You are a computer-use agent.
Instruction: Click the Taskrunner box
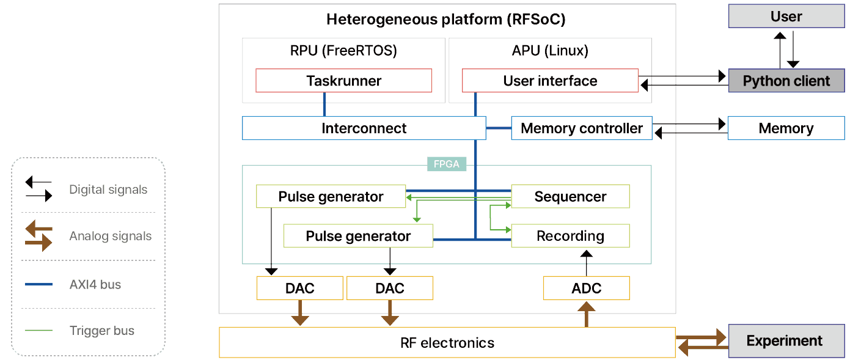(343, 81)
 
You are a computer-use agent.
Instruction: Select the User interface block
(550, 81)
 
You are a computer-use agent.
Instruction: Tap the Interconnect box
(364, 128)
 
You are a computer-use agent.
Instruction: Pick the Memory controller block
(581, 128)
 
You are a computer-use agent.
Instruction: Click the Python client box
(786, 81)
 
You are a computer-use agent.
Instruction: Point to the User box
(786, 17)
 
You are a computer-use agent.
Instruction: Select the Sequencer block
(570, 197)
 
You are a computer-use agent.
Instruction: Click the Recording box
(570, 236)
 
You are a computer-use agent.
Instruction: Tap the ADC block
(586, 288)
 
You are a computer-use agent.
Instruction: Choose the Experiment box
(785, 341)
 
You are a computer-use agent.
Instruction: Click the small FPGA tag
(447, 164)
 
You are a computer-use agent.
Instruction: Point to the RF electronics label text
(447, 343)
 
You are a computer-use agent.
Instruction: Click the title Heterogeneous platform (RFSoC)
(446, 20)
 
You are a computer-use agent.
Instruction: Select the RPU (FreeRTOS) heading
(343, 51)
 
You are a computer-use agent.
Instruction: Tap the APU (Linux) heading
(550, 51)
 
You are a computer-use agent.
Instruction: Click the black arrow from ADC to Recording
(586, 262)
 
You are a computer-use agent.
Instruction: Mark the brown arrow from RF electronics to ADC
(586, 315)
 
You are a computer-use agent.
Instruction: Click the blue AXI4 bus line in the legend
(38, 285)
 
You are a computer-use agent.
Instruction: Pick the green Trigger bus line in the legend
(38, 331)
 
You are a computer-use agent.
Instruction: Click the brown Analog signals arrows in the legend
(38, 237)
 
